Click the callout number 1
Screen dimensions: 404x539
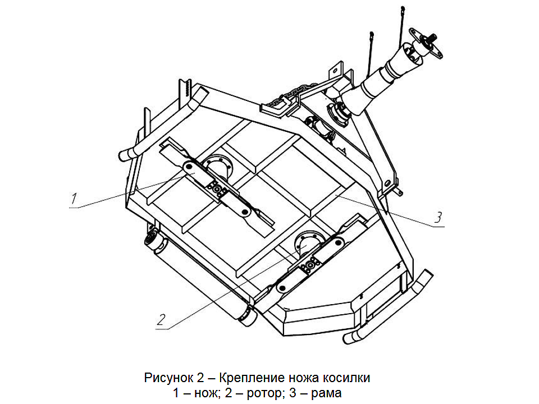(x=73, y=198)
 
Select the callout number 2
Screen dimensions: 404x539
(x=161, y=319)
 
